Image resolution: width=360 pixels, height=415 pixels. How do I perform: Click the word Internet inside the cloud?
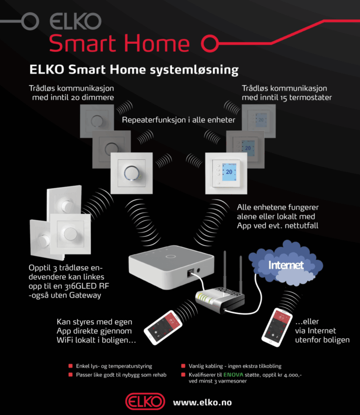pos(286,266)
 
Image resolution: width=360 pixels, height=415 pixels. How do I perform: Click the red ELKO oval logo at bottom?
pos(145,402)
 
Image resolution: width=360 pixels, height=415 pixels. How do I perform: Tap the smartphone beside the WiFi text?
pos(162,327)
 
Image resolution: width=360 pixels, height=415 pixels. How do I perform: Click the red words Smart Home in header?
pos(119,43)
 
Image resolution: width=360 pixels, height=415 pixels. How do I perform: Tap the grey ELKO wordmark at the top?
pos(75,21)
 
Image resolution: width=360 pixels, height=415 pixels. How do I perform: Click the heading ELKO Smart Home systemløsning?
pos(134,70)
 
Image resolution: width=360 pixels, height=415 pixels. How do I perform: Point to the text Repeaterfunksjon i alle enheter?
pos(178,120)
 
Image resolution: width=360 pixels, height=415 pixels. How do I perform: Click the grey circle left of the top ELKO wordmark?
pos(31,21)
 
